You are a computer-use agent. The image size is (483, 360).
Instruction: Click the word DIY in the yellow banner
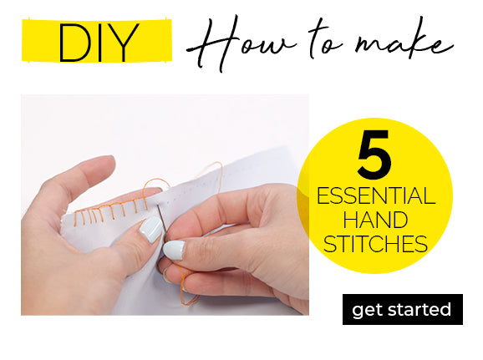coord(98,43)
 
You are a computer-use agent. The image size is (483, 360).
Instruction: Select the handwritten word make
coord(404,42)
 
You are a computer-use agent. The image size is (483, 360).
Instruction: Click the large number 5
coord(374,154)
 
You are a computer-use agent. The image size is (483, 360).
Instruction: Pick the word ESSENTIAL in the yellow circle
coord(376,195)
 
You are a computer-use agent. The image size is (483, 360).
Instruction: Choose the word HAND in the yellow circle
coord(375,220)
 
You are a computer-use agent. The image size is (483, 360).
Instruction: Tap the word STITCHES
coord(375,244)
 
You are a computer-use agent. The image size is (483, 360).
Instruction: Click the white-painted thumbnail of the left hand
coord(151,230)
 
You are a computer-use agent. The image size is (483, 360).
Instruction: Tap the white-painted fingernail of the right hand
coord(175,250)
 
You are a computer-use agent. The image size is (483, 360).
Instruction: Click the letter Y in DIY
coord(124,43)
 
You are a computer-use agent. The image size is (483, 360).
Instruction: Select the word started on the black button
coord(419,309)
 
